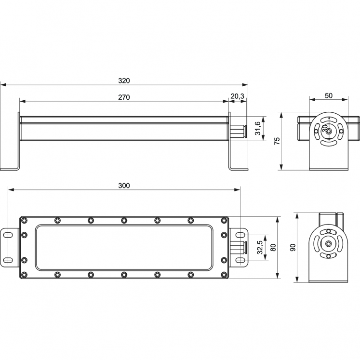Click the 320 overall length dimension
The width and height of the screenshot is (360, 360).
click(124, 80)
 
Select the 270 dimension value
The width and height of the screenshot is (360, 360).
click(124, 97)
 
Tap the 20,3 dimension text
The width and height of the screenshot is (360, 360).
click(237, 96)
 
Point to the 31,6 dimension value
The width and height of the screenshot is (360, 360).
click(257, 129)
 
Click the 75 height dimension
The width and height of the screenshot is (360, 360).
click(277, 141)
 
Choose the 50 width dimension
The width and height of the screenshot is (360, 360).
click(328, 95)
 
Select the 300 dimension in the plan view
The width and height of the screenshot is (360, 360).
click(124, 185)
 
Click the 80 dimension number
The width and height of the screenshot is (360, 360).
click(273, 248)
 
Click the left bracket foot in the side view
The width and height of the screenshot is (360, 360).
click(10, 168)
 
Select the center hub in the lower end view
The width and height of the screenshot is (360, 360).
click(328, 243)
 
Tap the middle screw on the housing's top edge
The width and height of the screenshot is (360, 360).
click(124, 221)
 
